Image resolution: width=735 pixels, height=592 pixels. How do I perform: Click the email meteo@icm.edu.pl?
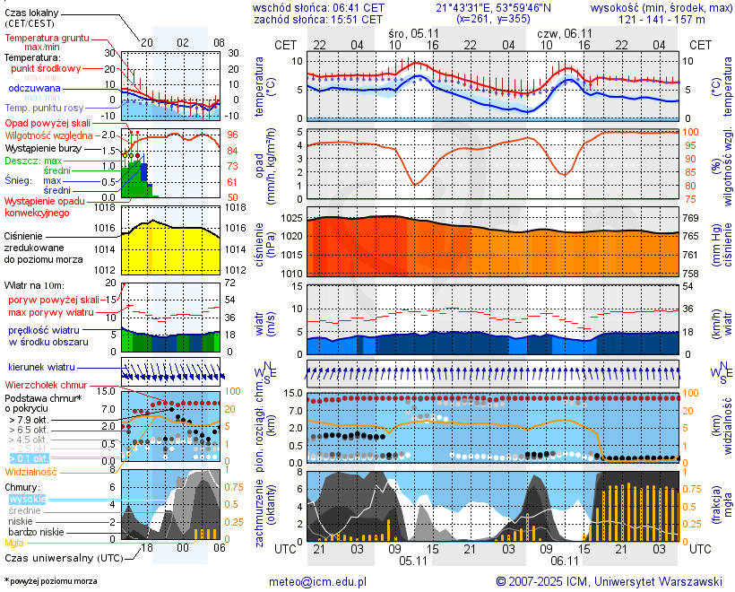[318, 581]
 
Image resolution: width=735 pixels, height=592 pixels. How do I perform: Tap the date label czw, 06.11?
[562, 32]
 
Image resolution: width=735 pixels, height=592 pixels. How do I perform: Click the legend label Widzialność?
[31, 471]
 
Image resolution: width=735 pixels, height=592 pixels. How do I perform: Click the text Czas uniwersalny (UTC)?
[62, 557]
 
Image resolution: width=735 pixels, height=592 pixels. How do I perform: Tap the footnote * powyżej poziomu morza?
[50, 581]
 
